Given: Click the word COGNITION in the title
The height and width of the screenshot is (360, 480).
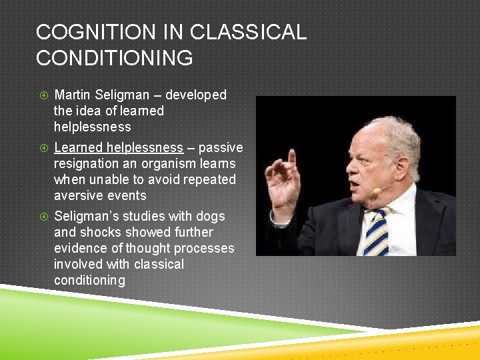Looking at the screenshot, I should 90,32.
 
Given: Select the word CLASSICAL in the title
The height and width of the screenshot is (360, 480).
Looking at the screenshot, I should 248,32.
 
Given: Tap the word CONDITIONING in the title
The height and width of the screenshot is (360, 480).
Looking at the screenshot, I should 114,58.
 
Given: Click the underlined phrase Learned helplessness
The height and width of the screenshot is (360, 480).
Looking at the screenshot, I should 118,147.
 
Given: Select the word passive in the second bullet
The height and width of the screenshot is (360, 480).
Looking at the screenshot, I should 221,147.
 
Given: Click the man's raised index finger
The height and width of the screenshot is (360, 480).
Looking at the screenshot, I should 291,159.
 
